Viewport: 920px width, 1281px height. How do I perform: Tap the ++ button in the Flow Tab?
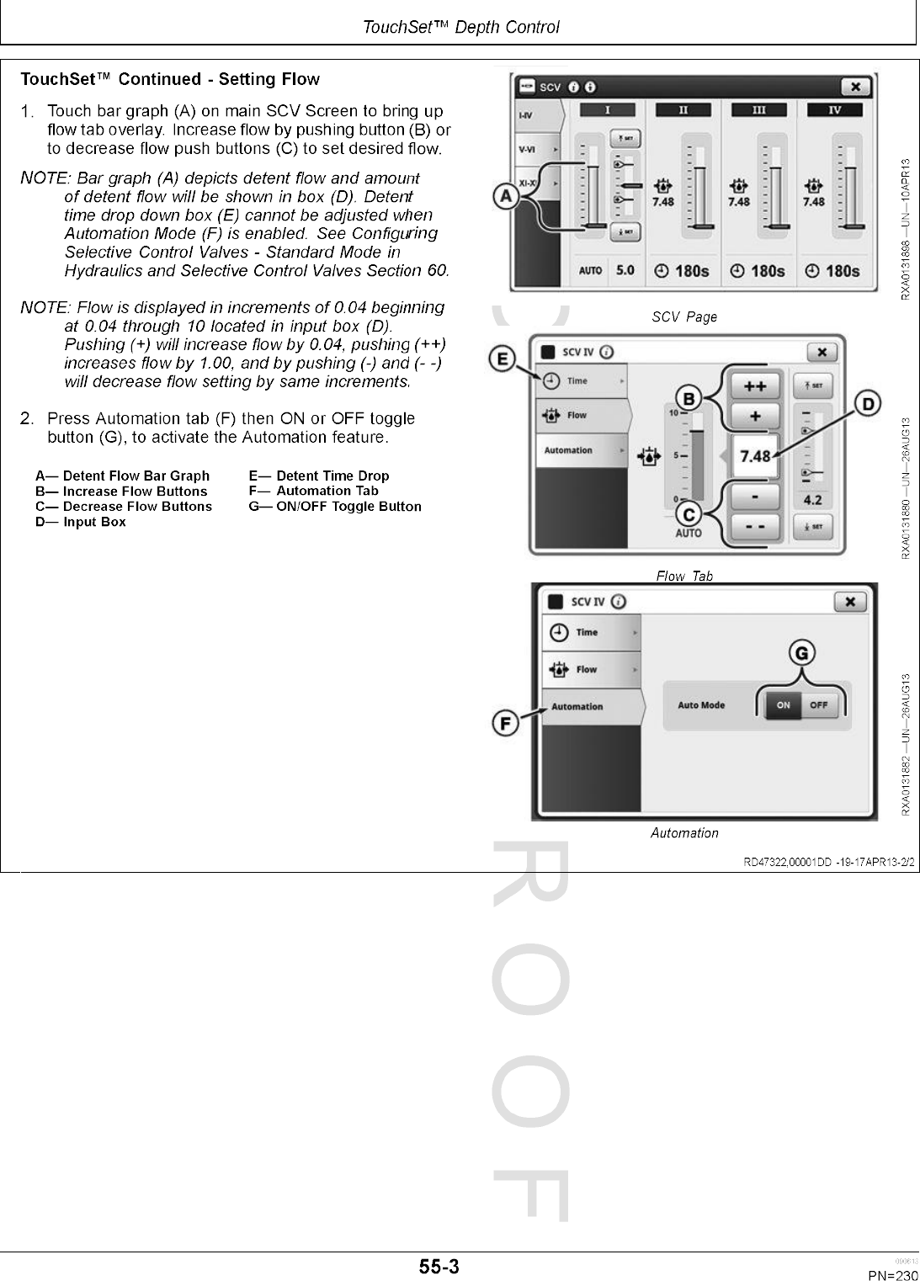754,385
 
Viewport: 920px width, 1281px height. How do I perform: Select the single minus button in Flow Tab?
754,497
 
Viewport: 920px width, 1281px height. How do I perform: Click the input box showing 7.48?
754,456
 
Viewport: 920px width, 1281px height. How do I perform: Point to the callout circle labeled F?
504,723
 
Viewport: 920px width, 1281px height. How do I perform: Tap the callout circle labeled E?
503,360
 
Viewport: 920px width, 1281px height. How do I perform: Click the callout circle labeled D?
866,404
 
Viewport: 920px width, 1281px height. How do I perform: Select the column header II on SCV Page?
683,110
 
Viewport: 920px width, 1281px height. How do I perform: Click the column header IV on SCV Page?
834,110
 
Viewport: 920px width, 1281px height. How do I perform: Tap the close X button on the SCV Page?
855,87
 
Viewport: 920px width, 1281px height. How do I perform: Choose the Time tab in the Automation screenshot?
588,632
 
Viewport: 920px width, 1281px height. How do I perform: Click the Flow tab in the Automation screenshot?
588,669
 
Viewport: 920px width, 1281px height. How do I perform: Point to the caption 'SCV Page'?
684,317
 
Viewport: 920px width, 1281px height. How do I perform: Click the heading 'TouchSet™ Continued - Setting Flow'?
170,80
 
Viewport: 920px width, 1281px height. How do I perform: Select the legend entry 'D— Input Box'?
81,522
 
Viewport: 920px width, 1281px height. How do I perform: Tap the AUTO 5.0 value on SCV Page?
608,271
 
